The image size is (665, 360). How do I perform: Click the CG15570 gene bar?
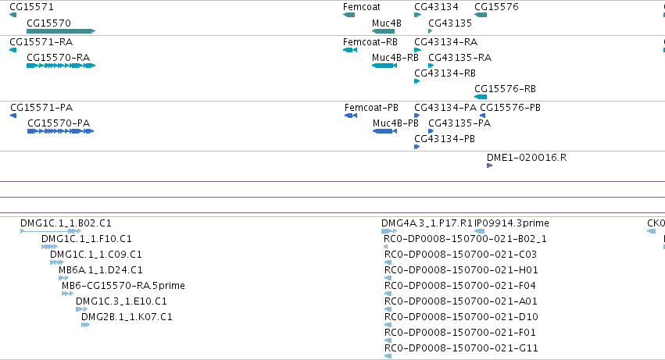pyautogui.click(x=61, y=31)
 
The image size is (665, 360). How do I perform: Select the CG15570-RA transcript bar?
pyautogui.click(x=61, y=66)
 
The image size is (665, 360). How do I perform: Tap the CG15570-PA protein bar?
pyautogui.click(x=61, y=131)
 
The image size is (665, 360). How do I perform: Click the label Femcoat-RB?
pyautogui.click(x=370, y=42)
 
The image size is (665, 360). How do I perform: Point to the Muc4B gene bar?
pyautogui.click(x=384, y=31)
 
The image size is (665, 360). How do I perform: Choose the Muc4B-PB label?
pyautogui.click(x=395, y=123)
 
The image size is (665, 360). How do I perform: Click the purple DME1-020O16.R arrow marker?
pyautogui.click(x=489, y=166)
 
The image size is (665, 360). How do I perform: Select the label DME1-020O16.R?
pyautogui.click(x=527, y=157)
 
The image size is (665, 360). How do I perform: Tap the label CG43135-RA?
pyautogui.click(x=459, y=57)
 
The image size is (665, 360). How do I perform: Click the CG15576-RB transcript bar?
pyautogui.click(x=481, y=97)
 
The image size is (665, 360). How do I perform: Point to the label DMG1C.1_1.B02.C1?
pyautogui.click(x=66, y=223)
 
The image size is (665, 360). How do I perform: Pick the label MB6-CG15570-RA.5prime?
pyautogui.click(x=123, y=285)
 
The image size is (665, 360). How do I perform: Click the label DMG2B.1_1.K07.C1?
pyautogui.click(x=127, y=317)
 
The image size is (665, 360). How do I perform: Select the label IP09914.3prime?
pyautogui.click(x=512, y=223)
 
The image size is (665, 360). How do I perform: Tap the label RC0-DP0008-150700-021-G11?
pyautogui.click(x=461, y=348)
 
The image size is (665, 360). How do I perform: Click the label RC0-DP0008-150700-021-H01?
pyautogui.click(x=461, y=270)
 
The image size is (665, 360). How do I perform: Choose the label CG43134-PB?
pyautogui.click(x=445, y=139)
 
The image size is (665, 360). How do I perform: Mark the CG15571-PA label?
pyautogui.click(x=41, y=107)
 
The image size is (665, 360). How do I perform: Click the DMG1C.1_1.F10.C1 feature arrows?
pyautogui.click(x=49, y=247)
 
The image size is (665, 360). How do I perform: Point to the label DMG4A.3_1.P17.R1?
pyautogui.click(x=427, y=223)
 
